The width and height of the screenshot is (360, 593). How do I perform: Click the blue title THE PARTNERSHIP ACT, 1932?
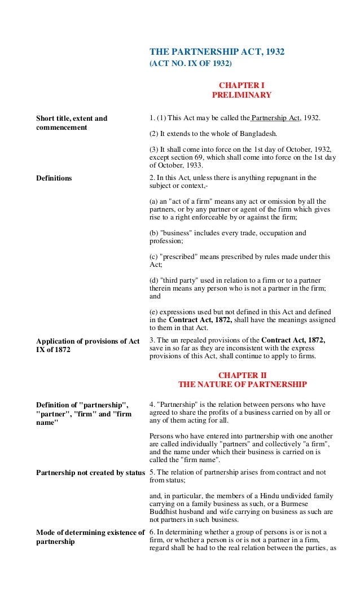click(x=217, y=52)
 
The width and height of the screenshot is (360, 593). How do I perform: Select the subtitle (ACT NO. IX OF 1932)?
click(x=186, y=64)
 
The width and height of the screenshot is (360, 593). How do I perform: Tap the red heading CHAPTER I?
click(x=242, y=85)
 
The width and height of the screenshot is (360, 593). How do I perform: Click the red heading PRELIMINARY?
click(x=242, y=95)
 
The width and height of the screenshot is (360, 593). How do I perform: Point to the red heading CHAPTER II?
click(x=242, y=375)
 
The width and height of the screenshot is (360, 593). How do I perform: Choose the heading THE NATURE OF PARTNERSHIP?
click(x=242, y=385)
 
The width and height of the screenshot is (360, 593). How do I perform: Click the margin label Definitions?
click(x=54, y=178)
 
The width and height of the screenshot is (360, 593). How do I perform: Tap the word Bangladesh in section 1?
click(x=258, y=134)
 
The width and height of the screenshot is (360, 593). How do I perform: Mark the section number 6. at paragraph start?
click(x=152, y=533)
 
